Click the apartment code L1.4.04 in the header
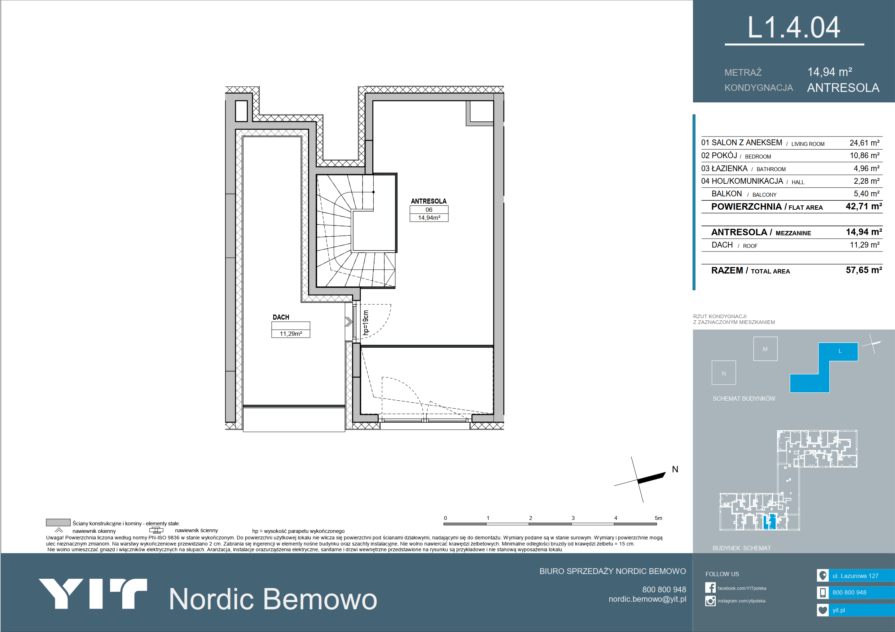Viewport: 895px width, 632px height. (794, 28)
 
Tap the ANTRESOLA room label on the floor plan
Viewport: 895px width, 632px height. (429, 201)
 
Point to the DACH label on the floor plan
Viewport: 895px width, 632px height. (281, 317)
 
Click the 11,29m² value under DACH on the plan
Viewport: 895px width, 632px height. (291, 334)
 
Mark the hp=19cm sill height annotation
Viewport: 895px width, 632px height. (366, 322)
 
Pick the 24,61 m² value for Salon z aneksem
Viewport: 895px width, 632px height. (864, 143)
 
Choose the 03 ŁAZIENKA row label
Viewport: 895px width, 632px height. (724, 168)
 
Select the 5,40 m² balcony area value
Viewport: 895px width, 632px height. (866, 193)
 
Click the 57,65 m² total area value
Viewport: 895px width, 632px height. (864, 270)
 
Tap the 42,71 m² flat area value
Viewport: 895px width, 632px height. (864, 206)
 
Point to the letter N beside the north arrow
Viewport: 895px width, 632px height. (675, 469)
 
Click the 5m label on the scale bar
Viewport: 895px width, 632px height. (658, 518)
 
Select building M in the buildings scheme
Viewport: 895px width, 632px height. (765, 348)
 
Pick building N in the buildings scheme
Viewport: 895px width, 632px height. (724, 373)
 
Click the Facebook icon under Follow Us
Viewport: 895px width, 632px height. (710, 588)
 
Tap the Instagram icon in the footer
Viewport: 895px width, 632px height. (710, 601)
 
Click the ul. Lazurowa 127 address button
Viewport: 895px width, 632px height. (856, 575)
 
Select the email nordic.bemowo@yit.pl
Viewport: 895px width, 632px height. (647, 599)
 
